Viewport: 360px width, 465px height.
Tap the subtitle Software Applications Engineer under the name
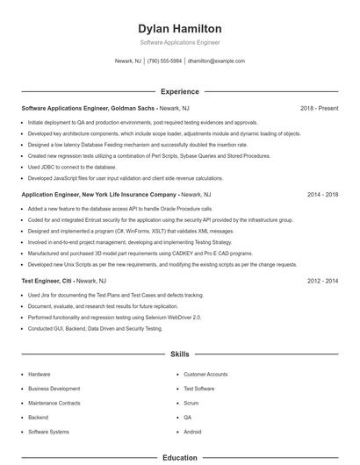coord(180,42)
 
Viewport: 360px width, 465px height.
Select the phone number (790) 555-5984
coord(164,61)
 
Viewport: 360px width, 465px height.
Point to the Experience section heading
coord(180,91)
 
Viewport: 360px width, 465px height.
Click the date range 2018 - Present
coord(319,108)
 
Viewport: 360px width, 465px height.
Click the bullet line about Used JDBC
coord(72,167)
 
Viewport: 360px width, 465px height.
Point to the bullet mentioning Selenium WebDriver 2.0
coord(114,317)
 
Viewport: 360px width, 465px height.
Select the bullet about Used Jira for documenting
coord(115,296)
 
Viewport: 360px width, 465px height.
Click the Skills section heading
coord(180,354)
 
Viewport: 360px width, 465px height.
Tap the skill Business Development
coord(54,388)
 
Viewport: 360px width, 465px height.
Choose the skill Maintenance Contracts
coord(54,403)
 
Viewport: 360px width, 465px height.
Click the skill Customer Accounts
coord(205,374)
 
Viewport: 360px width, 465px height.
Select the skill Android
coord(192,433)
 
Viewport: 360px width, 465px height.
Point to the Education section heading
coord(180,457)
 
